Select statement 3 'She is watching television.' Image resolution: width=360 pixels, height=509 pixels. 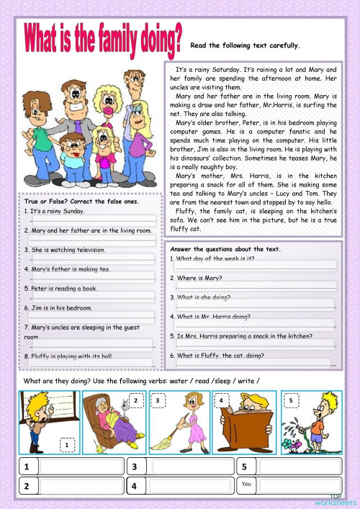pos(68,250)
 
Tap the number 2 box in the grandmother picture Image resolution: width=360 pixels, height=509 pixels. pos(135,400)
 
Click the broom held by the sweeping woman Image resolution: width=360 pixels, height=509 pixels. pos(170,436)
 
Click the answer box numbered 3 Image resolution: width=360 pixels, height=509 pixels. pos(178,467)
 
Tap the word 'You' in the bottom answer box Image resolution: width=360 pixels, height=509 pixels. pos(248,484)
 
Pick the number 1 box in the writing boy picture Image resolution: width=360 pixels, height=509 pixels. pos(67,445)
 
